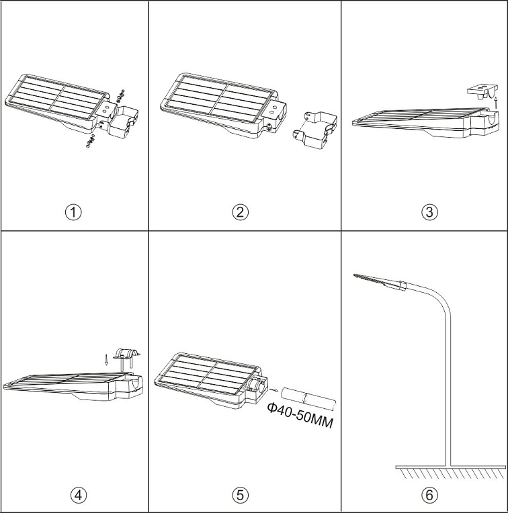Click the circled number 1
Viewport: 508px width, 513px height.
click(x=73, y=212)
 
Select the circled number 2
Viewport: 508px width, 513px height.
click(x=241, y=212)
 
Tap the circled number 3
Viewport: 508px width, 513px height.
click(x=429, y=212)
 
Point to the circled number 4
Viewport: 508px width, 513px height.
click(x=79, y=495)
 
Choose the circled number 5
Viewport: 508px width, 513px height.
click(x=241, y=495)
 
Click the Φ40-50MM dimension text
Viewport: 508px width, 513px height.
click(x=300, y=416)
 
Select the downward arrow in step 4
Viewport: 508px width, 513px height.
click(x=106, y=358)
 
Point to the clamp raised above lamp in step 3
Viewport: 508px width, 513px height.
click(x=480, y=90)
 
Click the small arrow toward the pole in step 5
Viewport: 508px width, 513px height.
click(x=273, y=387)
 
